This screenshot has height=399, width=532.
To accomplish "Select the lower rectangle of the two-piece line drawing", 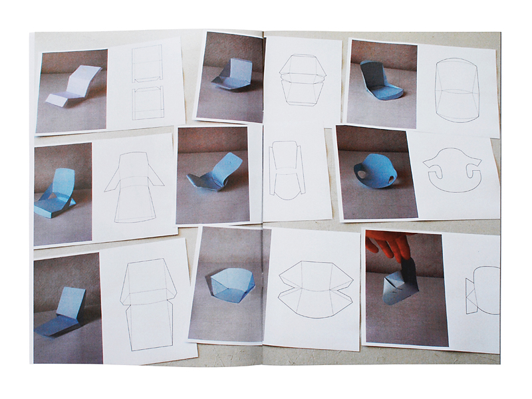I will click(x=148, y=102).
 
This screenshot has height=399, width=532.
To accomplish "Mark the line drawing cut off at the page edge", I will click(x=483, y=290).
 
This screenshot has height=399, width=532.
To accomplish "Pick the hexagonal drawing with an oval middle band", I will click(x=299, y=79).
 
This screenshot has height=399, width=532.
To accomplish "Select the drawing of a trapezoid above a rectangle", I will click(x=148, y=303).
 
